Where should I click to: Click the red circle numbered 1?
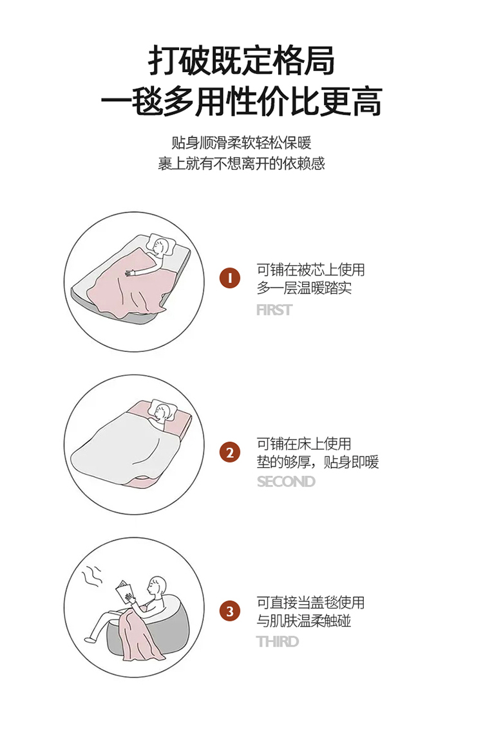pyautogui.click(x=230, y=278)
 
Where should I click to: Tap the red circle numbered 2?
pyautogui.click(x=230, y=452)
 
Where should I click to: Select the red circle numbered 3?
pyautogui.click(x=230, y=611)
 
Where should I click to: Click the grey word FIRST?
pyautogui.click(x=274, y=310)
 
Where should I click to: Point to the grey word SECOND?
pyautogui.click(x=286, y=481)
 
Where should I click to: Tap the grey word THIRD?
pyautogui.click(x=278, y=641)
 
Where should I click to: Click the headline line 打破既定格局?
pyautogui.click(x=241, y=61)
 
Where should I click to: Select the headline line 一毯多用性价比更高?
pyautogui.click(x=241, y=102)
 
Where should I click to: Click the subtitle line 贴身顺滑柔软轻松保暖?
pyautogui.click(x=241, y=143)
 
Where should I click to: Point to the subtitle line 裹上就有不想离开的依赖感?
pyautogui.click(x=241, y=163)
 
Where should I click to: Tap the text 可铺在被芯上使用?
pyautogui.click(x=310, y=270)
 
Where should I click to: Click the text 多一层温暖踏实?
pyautogui.click(x=304, y=288)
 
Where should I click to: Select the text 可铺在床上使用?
pyautogui.click(x=304, y=443)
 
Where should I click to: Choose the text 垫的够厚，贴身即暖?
pyautogui.click(x=318, y=462)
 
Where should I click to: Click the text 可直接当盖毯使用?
pyautogui.click(x=310, y=603)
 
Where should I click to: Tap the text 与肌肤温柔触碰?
pyautogui.click(x=304, y=621)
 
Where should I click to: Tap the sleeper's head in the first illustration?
pyautogui.click(x=162, y=244)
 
